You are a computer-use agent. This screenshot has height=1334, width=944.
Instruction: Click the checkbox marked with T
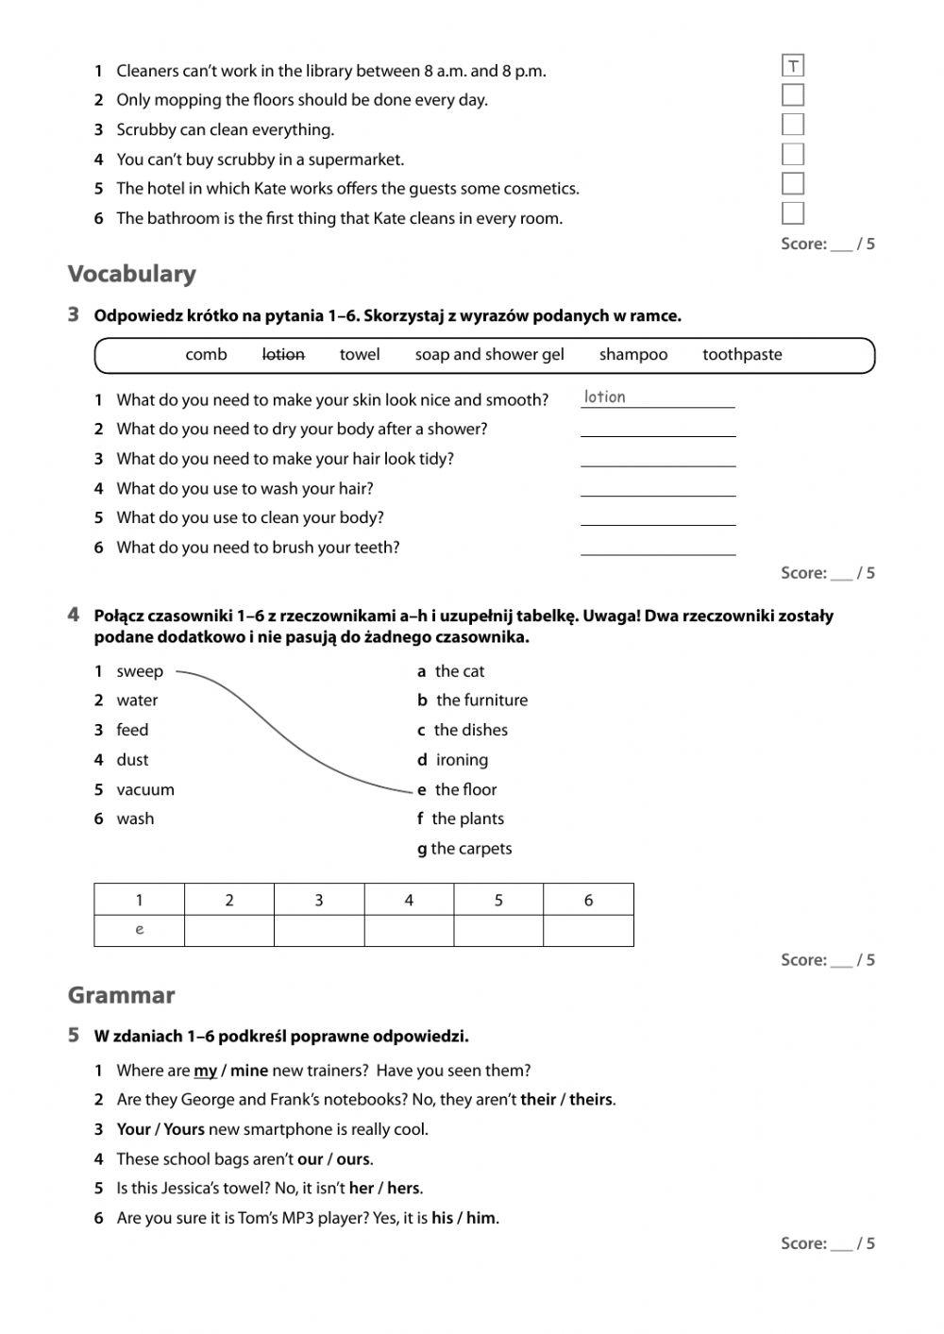tap(793, 66)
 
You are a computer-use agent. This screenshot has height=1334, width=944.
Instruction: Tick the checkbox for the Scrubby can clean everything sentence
tap(793, 125)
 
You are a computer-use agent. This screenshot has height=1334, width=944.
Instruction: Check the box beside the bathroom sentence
tap(793, 213)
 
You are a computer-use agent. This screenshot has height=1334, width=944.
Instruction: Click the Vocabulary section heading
tap(132, 274)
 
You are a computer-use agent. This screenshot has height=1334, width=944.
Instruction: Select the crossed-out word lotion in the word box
tap(283, 355)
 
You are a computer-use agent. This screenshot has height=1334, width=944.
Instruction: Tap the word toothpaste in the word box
tap(742, 355)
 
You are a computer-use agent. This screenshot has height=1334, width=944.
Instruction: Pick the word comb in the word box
tap(206, 355)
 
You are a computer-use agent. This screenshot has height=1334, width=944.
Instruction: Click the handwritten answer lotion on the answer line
tap(605, 397)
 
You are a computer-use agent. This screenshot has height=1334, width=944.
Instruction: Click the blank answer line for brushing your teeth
tap(657, 548)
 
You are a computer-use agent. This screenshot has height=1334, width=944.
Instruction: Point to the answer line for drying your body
tap(657, 429)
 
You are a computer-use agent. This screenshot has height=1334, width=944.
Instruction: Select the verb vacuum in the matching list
tap(145, 789)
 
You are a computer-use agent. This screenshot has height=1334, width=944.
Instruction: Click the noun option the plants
tap(467, 819)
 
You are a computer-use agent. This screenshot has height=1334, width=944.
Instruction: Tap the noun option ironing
tap(462, 760)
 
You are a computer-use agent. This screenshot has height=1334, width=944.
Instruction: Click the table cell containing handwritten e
tap(140, 930)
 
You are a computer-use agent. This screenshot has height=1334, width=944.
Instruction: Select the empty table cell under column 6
tap(588, 930)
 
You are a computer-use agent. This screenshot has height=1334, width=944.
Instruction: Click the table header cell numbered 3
tap(319, 900)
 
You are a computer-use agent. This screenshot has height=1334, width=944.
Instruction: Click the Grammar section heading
tap(121, 995)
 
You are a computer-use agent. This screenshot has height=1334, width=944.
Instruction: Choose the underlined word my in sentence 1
tap(205, 1071)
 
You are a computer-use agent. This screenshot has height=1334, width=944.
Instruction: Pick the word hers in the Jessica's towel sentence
tap(403, 1189)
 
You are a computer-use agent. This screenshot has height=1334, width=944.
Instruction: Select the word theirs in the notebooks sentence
tap(591, 1100)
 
